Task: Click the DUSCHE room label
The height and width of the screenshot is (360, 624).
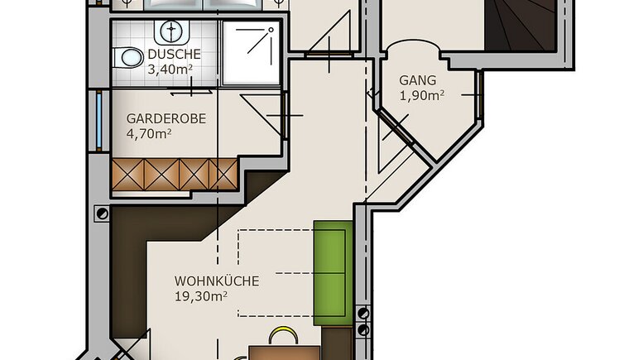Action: click(174, 54)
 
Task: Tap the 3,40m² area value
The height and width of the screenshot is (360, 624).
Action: click(170, 70)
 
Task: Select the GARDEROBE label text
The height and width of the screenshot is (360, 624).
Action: click(166, 118)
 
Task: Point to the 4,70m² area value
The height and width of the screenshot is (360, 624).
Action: click(149, 134)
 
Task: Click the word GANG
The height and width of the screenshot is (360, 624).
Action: click(417, 80)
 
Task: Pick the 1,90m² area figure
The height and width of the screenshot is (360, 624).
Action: click(422, 95)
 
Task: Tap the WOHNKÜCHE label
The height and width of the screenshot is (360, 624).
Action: click(217, 281)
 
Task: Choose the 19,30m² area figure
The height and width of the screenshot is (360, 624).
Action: click(201, 296)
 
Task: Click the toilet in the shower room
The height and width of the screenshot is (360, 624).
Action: click(127, 58)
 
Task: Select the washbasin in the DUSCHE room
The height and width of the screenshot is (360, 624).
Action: click(171, 31)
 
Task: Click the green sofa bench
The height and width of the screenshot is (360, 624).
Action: click(334, 273)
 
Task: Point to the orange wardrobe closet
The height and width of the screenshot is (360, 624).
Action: click(175, 175)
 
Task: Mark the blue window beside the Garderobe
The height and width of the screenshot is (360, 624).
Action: click(99, 121)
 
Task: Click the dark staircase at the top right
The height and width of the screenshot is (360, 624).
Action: click(521, 25)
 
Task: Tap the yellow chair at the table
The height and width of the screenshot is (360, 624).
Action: click(283, 336)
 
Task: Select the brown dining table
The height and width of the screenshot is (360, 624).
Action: click(284, 353)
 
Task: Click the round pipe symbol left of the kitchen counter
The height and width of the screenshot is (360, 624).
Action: click(103, 214)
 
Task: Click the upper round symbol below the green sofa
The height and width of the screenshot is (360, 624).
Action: click(363, 313)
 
